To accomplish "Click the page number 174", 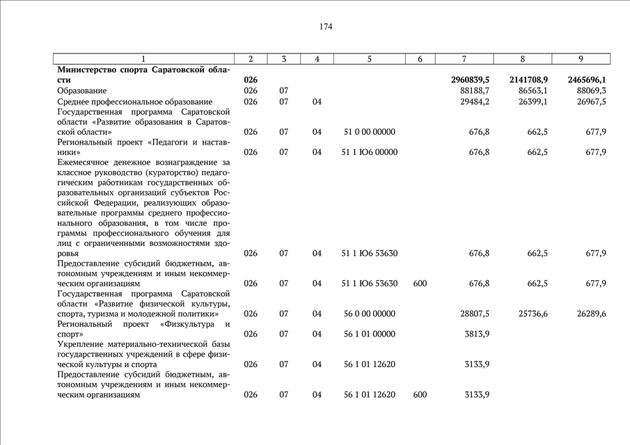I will point(326,27).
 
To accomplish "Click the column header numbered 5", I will point(369,59).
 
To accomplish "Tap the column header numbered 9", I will point(581,59).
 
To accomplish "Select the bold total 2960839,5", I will point(470,81).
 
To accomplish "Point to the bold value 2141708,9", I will point(528,81).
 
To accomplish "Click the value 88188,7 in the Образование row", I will point(475,91).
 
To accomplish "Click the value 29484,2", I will point(475,102).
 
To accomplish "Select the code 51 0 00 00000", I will point(369,131).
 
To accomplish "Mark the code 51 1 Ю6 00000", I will point(370,152).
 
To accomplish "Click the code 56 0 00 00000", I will point(369,314).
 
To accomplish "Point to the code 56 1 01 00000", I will point(369,334).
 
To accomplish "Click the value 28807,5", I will point(475,314).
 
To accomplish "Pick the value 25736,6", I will point(533,314).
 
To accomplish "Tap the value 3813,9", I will point(478,334).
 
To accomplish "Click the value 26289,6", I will point(591,314).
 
